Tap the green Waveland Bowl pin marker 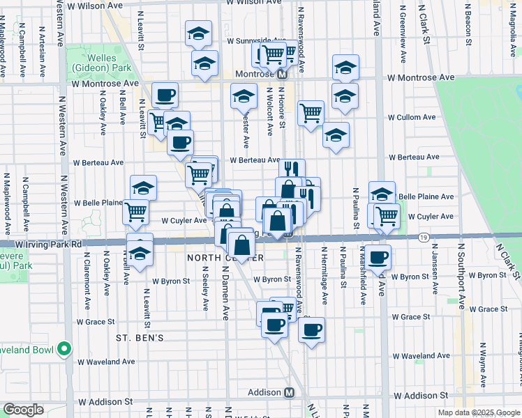[64, 348]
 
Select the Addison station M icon [289, 393]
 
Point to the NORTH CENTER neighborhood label [225, 258]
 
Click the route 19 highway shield [424, 238]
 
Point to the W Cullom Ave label [412, 118]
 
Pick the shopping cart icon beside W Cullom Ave [311, 113]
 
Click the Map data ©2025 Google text [467, 412]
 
